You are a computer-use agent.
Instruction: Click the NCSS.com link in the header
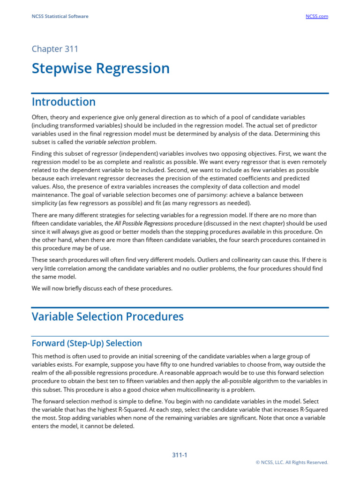317,16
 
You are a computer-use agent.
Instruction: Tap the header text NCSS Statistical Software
60,16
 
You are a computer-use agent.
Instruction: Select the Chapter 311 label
55,49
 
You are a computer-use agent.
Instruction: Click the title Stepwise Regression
101,68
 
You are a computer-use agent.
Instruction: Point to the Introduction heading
64,102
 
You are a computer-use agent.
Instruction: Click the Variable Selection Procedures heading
108,316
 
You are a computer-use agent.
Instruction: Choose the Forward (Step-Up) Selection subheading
87,343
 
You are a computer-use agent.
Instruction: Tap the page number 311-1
180,455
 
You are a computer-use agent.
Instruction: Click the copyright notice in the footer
292,462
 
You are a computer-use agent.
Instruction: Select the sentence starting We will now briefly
102,288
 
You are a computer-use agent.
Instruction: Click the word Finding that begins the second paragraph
42,153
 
